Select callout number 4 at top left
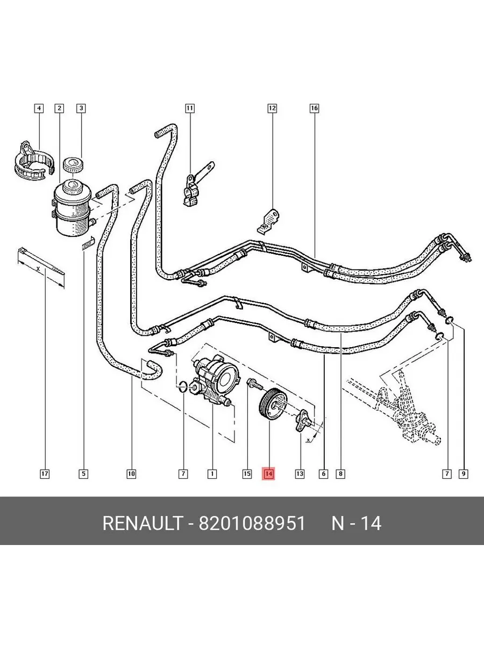coord(38,109)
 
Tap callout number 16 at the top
coord(314,109)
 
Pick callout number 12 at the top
coord(272,109)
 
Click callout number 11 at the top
coord(189,109)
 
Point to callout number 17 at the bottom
coord(45,474)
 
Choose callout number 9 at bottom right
coord(463,474)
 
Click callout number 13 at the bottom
coord(299,474)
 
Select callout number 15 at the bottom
coord(247,474)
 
